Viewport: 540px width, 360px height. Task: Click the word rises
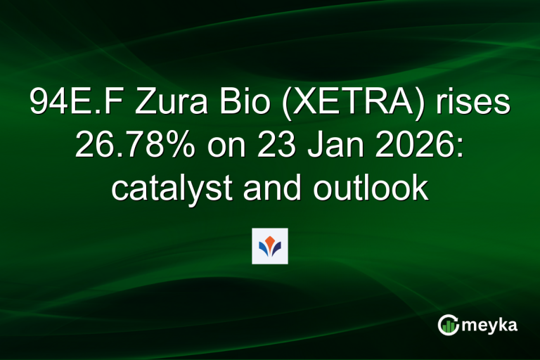473,103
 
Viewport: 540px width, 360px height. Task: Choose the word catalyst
166,189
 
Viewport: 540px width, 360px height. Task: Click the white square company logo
270,245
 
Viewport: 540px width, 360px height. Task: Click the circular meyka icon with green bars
448,324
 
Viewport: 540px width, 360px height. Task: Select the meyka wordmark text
491,326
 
